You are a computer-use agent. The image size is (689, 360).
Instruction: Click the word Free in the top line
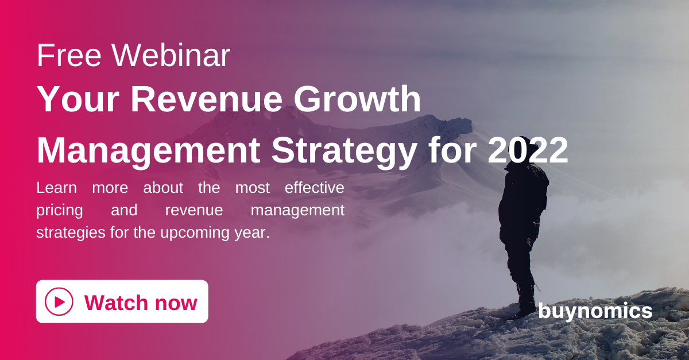pyautogui.click(x=69, y=55)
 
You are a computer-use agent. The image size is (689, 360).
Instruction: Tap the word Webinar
pyautogui.click(x=171, y=55)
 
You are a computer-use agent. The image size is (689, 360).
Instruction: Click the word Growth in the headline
pyautogui.click(x=357, y=99)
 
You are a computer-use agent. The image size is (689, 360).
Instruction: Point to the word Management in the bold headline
pyautogui.click(x=149, y=151)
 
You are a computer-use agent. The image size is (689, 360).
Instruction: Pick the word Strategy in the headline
pyautogui.click(x=344, y=151)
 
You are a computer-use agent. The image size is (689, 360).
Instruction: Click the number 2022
pyautogui.click(x=528, y=150)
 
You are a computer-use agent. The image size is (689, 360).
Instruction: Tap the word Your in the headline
pyautogui.click(x=78, y=99)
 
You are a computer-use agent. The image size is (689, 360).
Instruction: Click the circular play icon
pyautogui.click(x=59, y=301)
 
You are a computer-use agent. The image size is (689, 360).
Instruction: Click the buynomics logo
pyautogui.click(x=595, y=311)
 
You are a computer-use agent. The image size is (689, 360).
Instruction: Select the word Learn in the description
pyautogui.click(x=57, y=188)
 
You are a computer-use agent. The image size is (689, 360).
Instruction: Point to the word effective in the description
pyautogui.click(x=315, y=188)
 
